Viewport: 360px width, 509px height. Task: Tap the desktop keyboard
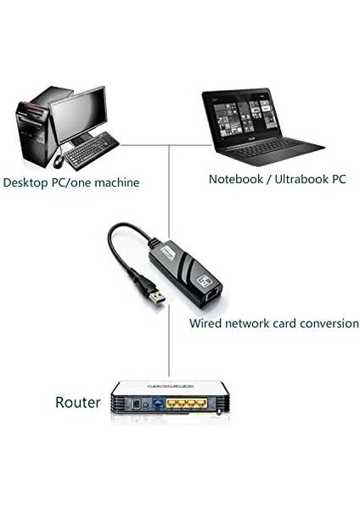click(x=91, y=151)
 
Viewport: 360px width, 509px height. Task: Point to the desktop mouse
click(x=59, y=160)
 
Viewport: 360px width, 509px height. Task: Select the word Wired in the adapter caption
click(x=205, y=323)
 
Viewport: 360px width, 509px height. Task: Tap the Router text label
click(x=77, y=402)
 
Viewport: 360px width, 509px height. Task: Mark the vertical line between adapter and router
click(x=168, y=348)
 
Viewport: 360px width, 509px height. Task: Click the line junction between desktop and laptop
click(x=168, y=145)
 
